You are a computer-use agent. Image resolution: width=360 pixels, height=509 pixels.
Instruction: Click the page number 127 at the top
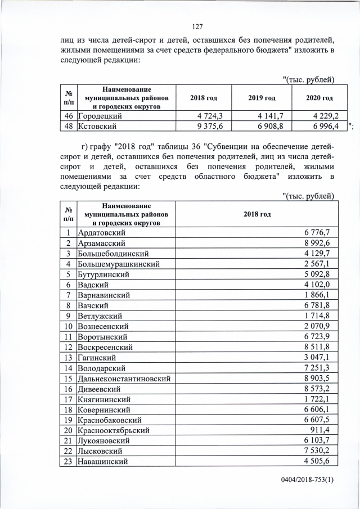click(197, 26)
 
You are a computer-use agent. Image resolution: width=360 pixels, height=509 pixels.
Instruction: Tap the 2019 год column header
click(262, 98)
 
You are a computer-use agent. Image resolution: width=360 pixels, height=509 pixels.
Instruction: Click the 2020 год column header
click(319, 98)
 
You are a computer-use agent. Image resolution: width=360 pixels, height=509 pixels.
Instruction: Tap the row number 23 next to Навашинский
click(67, 461)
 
